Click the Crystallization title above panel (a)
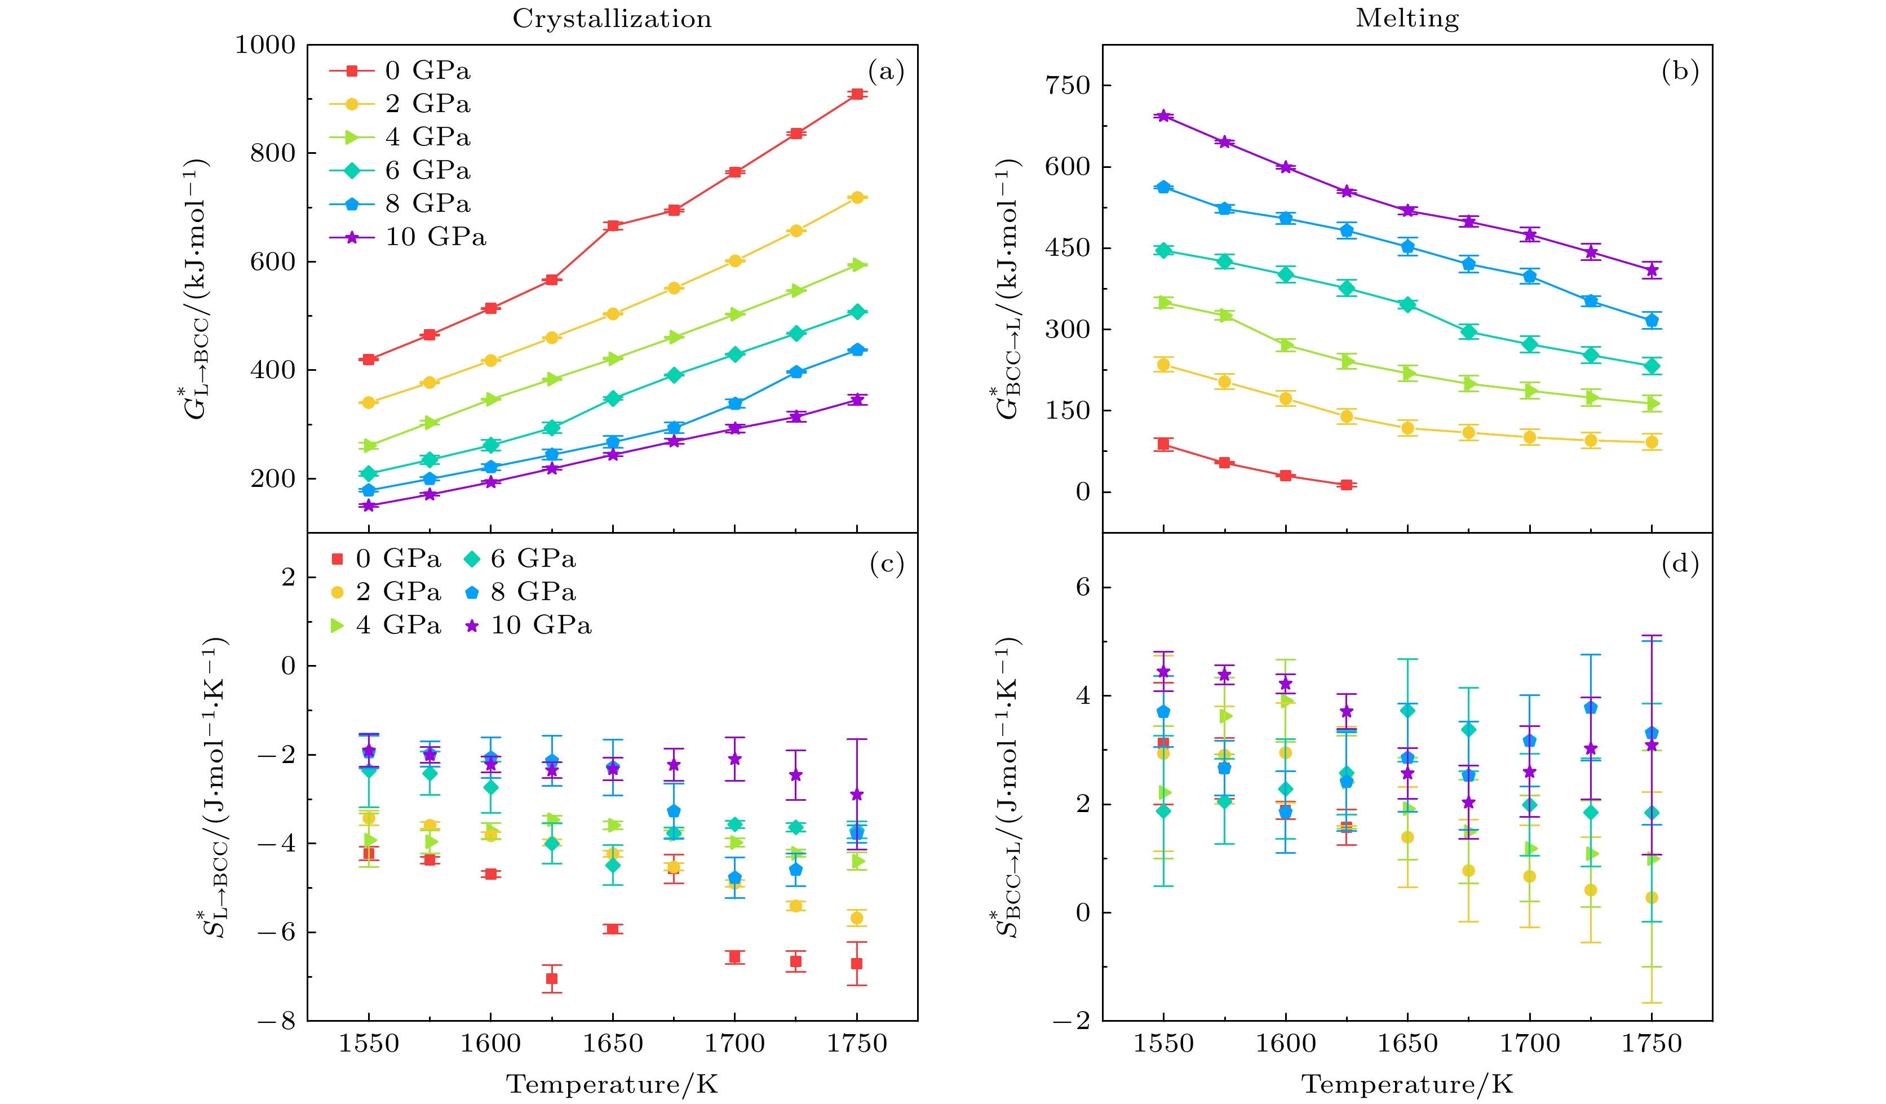point(612,19)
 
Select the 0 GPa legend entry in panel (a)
point(427,71)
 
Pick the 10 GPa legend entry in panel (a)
point(435,237)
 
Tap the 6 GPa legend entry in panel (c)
point(532,558)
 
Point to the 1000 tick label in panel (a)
point(265,45)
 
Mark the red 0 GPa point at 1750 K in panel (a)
point(857,94)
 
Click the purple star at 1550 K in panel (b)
point(1163,116)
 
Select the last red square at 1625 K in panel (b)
point(1347,485)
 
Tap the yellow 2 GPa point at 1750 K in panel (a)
point(857,198)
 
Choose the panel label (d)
point(1680,564)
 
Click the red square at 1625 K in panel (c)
point(552,978)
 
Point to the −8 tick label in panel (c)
point(277,1021)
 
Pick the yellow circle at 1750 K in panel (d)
point(1652,897)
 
